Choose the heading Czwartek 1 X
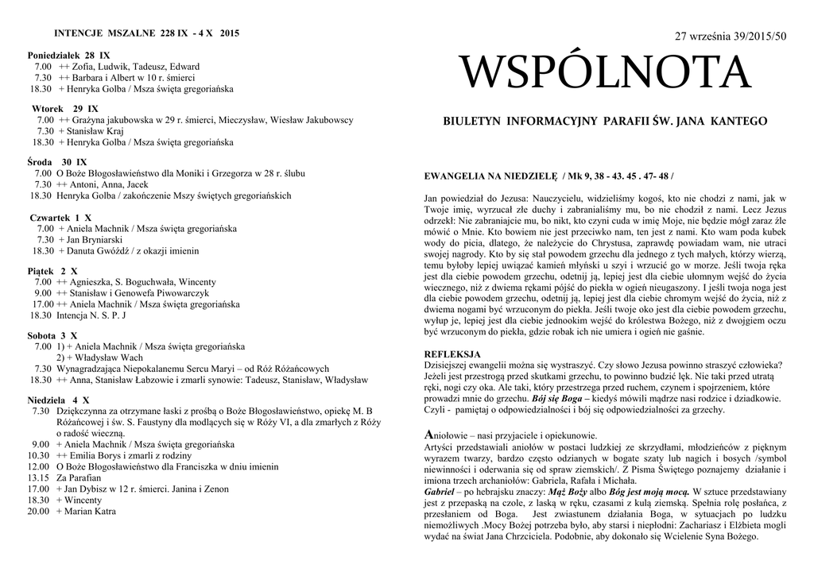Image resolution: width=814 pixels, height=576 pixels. click(x=60, y=217)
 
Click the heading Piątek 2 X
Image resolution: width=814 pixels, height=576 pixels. click(x=52, y=271)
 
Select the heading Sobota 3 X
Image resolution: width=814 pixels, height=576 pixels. click(x=52, y=335)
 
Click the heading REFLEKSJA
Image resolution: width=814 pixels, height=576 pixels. click(x=452, y=354)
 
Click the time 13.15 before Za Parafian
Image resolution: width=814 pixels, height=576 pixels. click(x=38, y=478)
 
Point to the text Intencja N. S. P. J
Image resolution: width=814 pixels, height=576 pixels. click(x=91, y=315)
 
